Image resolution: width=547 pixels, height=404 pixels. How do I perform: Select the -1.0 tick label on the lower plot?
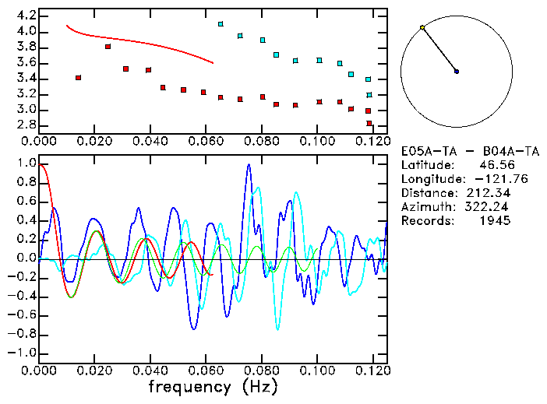pyautogui.click(x=22, y=353)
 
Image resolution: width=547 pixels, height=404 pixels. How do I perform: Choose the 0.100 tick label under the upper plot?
pyautogui.click(x=316, y=141)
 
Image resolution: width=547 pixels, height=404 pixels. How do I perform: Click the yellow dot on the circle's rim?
pyautogui.click(x=422, y=27)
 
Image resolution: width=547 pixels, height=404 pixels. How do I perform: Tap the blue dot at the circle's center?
pyautogui.click(x=457, y=72)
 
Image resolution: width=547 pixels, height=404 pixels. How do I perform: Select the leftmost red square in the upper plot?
pyautogui.click(x=78, y=78)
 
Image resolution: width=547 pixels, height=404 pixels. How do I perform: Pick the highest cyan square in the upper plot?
pyautogui.click(x=221, y=24)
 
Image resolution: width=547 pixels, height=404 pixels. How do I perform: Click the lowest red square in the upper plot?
pyautogui.click(x=369, y=123)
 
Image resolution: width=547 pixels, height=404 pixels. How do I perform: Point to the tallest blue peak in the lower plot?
pyautogui.click(x=249, y=165)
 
